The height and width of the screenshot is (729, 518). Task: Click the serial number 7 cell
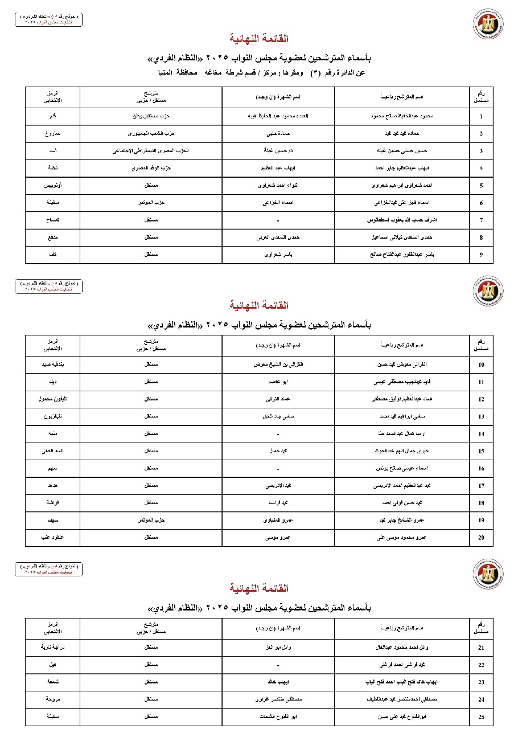pos(481,220)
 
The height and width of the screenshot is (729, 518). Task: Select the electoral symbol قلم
pos(53,116)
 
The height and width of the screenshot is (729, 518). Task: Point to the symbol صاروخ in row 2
pos(53,134)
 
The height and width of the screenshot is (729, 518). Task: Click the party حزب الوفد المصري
pos(151,169)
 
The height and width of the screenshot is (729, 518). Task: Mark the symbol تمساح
pos(53,220)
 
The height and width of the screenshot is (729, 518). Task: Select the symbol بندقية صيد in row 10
pos(53,364)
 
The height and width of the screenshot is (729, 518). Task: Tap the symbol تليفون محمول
pos(53,399)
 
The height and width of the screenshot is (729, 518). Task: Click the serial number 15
pos(481,451)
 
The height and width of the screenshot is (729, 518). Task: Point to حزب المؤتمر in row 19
pos(151,520)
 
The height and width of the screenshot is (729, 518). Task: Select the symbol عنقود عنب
pos(53,537)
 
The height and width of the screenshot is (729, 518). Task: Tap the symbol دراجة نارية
pos(53,648)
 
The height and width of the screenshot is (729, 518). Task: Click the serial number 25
pos(481,716)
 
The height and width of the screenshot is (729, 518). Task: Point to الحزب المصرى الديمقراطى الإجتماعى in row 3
pos(151,151)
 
